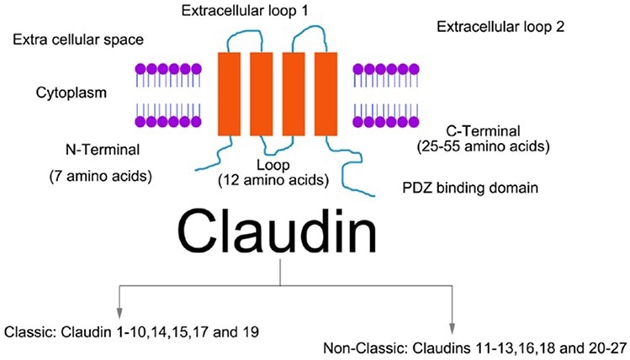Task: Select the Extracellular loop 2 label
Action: coord(501,27)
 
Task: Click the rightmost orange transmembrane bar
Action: coord(326,94)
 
